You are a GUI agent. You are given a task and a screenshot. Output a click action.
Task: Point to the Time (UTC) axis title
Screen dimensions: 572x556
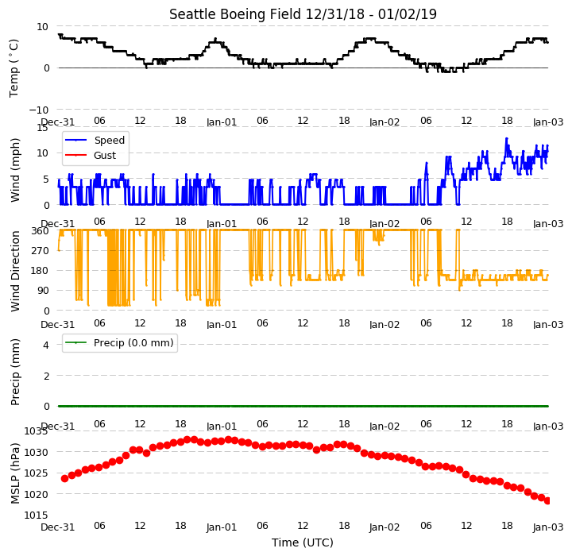click(303, 542)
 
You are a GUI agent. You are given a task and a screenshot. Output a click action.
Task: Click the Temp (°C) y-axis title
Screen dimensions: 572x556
click(14, 68)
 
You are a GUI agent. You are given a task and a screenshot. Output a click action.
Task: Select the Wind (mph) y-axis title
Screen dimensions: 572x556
click(15, 170)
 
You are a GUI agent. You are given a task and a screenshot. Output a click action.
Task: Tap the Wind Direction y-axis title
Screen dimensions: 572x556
click(15, 271)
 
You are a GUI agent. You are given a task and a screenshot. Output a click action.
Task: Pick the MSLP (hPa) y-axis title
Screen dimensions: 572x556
click(15, 473)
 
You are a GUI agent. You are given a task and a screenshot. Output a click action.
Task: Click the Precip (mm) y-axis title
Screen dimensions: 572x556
click(15, 373)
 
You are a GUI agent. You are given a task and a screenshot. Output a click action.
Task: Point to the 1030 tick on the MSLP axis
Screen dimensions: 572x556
click(36, 453)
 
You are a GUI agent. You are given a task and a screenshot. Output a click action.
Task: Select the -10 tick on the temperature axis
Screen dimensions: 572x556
click(38, 110)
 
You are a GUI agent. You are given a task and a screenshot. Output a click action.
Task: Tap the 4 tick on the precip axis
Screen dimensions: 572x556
click(46, 345)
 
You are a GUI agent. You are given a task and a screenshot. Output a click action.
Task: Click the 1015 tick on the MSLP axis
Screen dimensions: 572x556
click(36, 515)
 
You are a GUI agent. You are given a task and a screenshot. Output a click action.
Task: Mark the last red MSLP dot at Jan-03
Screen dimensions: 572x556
click(547, 501)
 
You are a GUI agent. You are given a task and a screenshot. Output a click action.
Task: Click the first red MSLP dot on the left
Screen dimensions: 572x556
click(64, 478)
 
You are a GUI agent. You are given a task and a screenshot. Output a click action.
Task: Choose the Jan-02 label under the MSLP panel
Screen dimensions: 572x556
click(385, 527)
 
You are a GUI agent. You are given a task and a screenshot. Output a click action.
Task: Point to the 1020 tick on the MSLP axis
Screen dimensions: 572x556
click(36, 494)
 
